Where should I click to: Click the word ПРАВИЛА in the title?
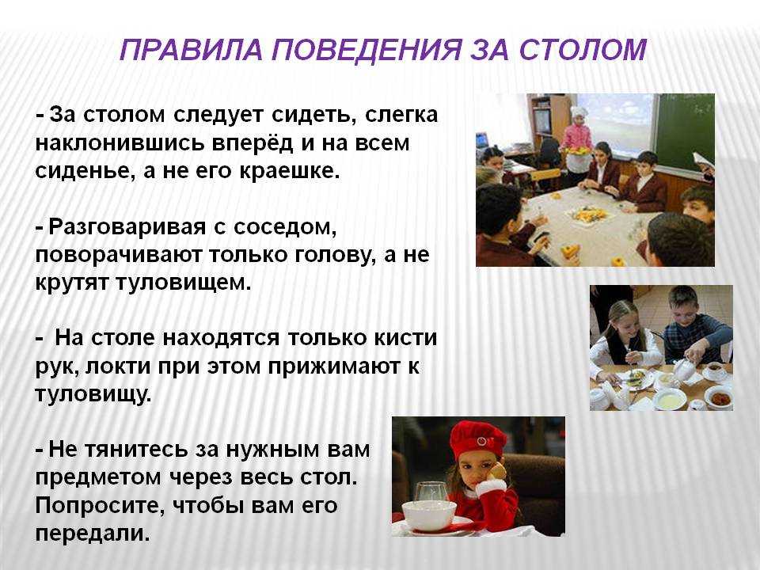pyautogui.click(x=191, y=49)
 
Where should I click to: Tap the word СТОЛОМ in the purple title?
pyautogui.click(x=583, y=49)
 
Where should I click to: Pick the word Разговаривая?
pyautogui.click(x=127, y=226)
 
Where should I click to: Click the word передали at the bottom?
pyautogui.click(x=93, y=534)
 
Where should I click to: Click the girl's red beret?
pyautogui.click(x=477, y=438)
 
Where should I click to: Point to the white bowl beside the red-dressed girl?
pyautogui.click(x=429, y=515)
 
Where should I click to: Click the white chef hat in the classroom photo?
pyautogui.click(x=579, y=112)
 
